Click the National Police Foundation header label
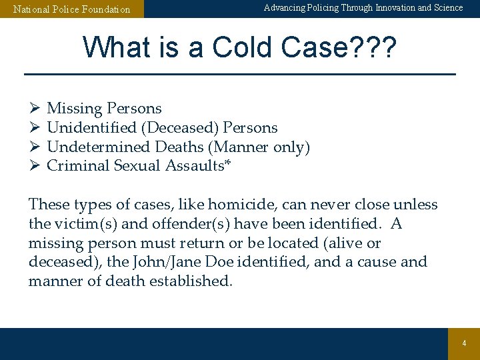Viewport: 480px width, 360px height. pos(72,9)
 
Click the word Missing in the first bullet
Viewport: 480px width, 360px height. pos(74,109)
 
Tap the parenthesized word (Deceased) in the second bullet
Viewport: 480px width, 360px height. pos(178,127)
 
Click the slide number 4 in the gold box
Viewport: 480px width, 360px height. pos(464,343)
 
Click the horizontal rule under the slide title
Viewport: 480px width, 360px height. pos(240,73)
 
